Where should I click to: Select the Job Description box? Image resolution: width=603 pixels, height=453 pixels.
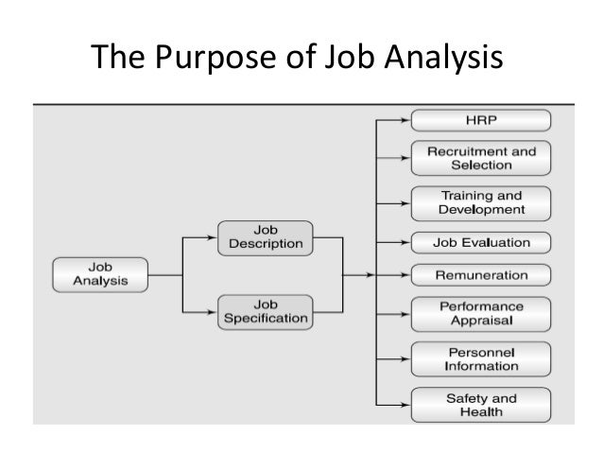click(x=266, y=237)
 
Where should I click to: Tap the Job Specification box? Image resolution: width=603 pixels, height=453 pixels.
click(x=266, y=310)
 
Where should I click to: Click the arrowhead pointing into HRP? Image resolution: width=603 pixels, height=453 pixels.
click(x=405, y=120)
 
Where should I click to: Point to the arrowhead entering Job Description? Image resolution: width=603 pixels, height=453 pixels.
click(x=213, y=237)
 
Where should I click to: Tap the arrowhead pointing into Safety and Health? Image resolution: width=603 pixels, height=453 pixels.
click(x=405, y=404)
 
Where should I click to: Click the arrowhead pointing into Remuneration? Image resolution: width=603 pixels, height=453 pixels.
click(x=405, y=274)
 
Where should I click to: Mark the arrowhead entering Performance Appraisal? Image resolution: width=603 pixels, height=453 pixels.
click(x=405, y=313)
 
